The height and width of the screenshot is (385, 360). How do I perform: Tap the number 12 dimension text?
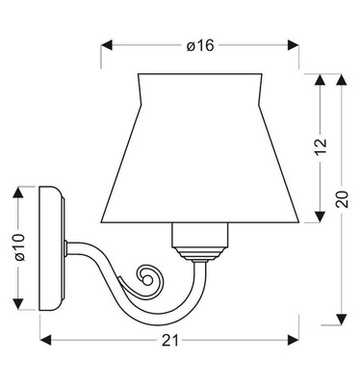click(x=321, y=146)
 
